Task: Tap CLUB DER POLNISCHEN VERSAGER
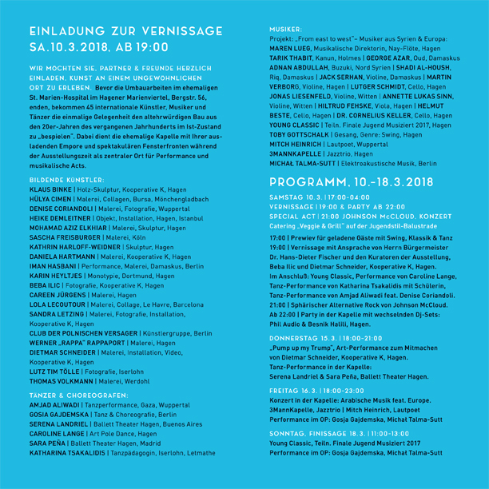coord(81,333)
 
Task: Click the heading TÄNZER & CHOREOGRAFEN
coord(72,396)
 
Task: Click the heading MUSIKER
coord(285,28)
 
